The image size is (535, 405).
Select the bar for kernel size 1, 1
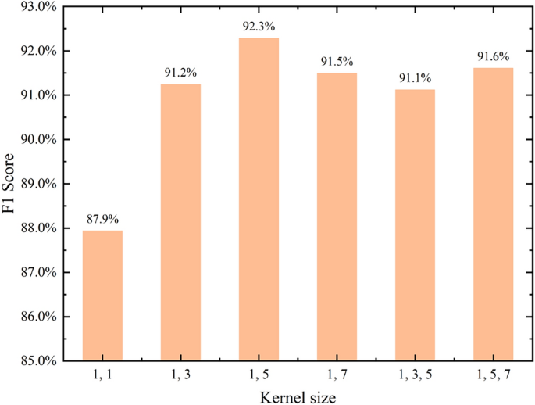click(102, 296)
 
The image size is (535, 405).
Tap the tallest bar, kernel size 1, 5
click(259, 199)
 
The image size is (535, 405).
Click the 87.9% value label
click(102, 220)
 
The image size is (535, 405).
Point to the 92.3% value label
click(259, 27)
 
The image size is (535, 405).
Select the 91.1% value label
click(415, 79)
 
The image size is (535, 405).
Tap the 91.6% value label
click(493, 57)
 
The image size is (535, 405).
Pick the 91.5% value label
click(337, 62)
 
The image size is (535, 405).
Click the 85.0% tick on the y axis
click(37, 361)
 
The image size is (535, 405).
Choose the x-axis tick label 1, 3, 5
click(415, 376)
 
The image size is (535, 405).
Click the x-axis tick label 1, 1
click(102, 376)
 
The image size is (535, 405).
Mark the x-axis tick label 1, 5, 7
click(493, 376)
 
